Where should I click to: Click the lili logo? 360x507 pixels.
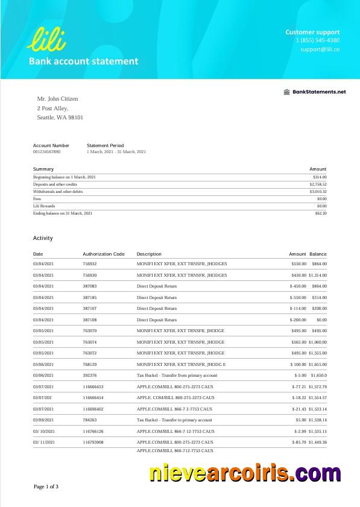(x=46, y=38)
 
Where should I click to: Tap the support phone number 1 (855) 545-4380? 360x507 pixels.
(x=317, y=40)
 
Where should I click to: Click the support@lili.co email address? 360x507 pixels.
(x=320, y=49)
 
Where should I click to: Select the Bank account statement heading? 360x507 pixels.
(x=83, y=61)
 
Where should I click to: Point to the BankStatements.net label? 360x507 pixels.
(x=314, y=92)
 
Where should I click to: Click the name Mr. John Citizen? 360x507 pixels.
(x=58, y=99)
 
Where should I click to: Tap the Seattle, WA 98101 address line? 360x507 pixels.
(x=60, y=118)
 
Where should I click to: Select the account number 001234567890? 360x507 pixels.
(x=46, y=152)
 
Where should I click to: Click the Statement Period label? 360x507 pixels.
(x=105, y=145)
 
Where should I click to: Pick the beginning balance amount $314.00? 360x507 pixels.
(x=320, y=177)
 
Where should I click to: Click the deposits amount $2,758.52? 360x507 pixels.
(x=318, y=184)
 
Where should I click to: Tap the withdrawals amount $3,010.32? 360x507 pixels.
(x=318, y=192)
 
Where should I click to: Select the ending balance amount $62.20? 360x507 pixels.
(x=320, y=213)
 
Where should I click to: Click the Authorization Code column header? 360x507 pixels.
(x=104, y=254)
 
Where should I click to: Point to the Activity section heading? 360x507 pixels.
(x=43, y=239)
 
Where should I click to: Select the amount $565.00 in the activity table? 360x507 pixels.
(x=298, y=342)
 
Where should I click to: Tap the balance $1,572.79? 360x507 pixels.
(x=317, y=386)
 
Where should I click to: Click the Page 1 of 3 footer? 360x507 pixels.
(x=46, y=487)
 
